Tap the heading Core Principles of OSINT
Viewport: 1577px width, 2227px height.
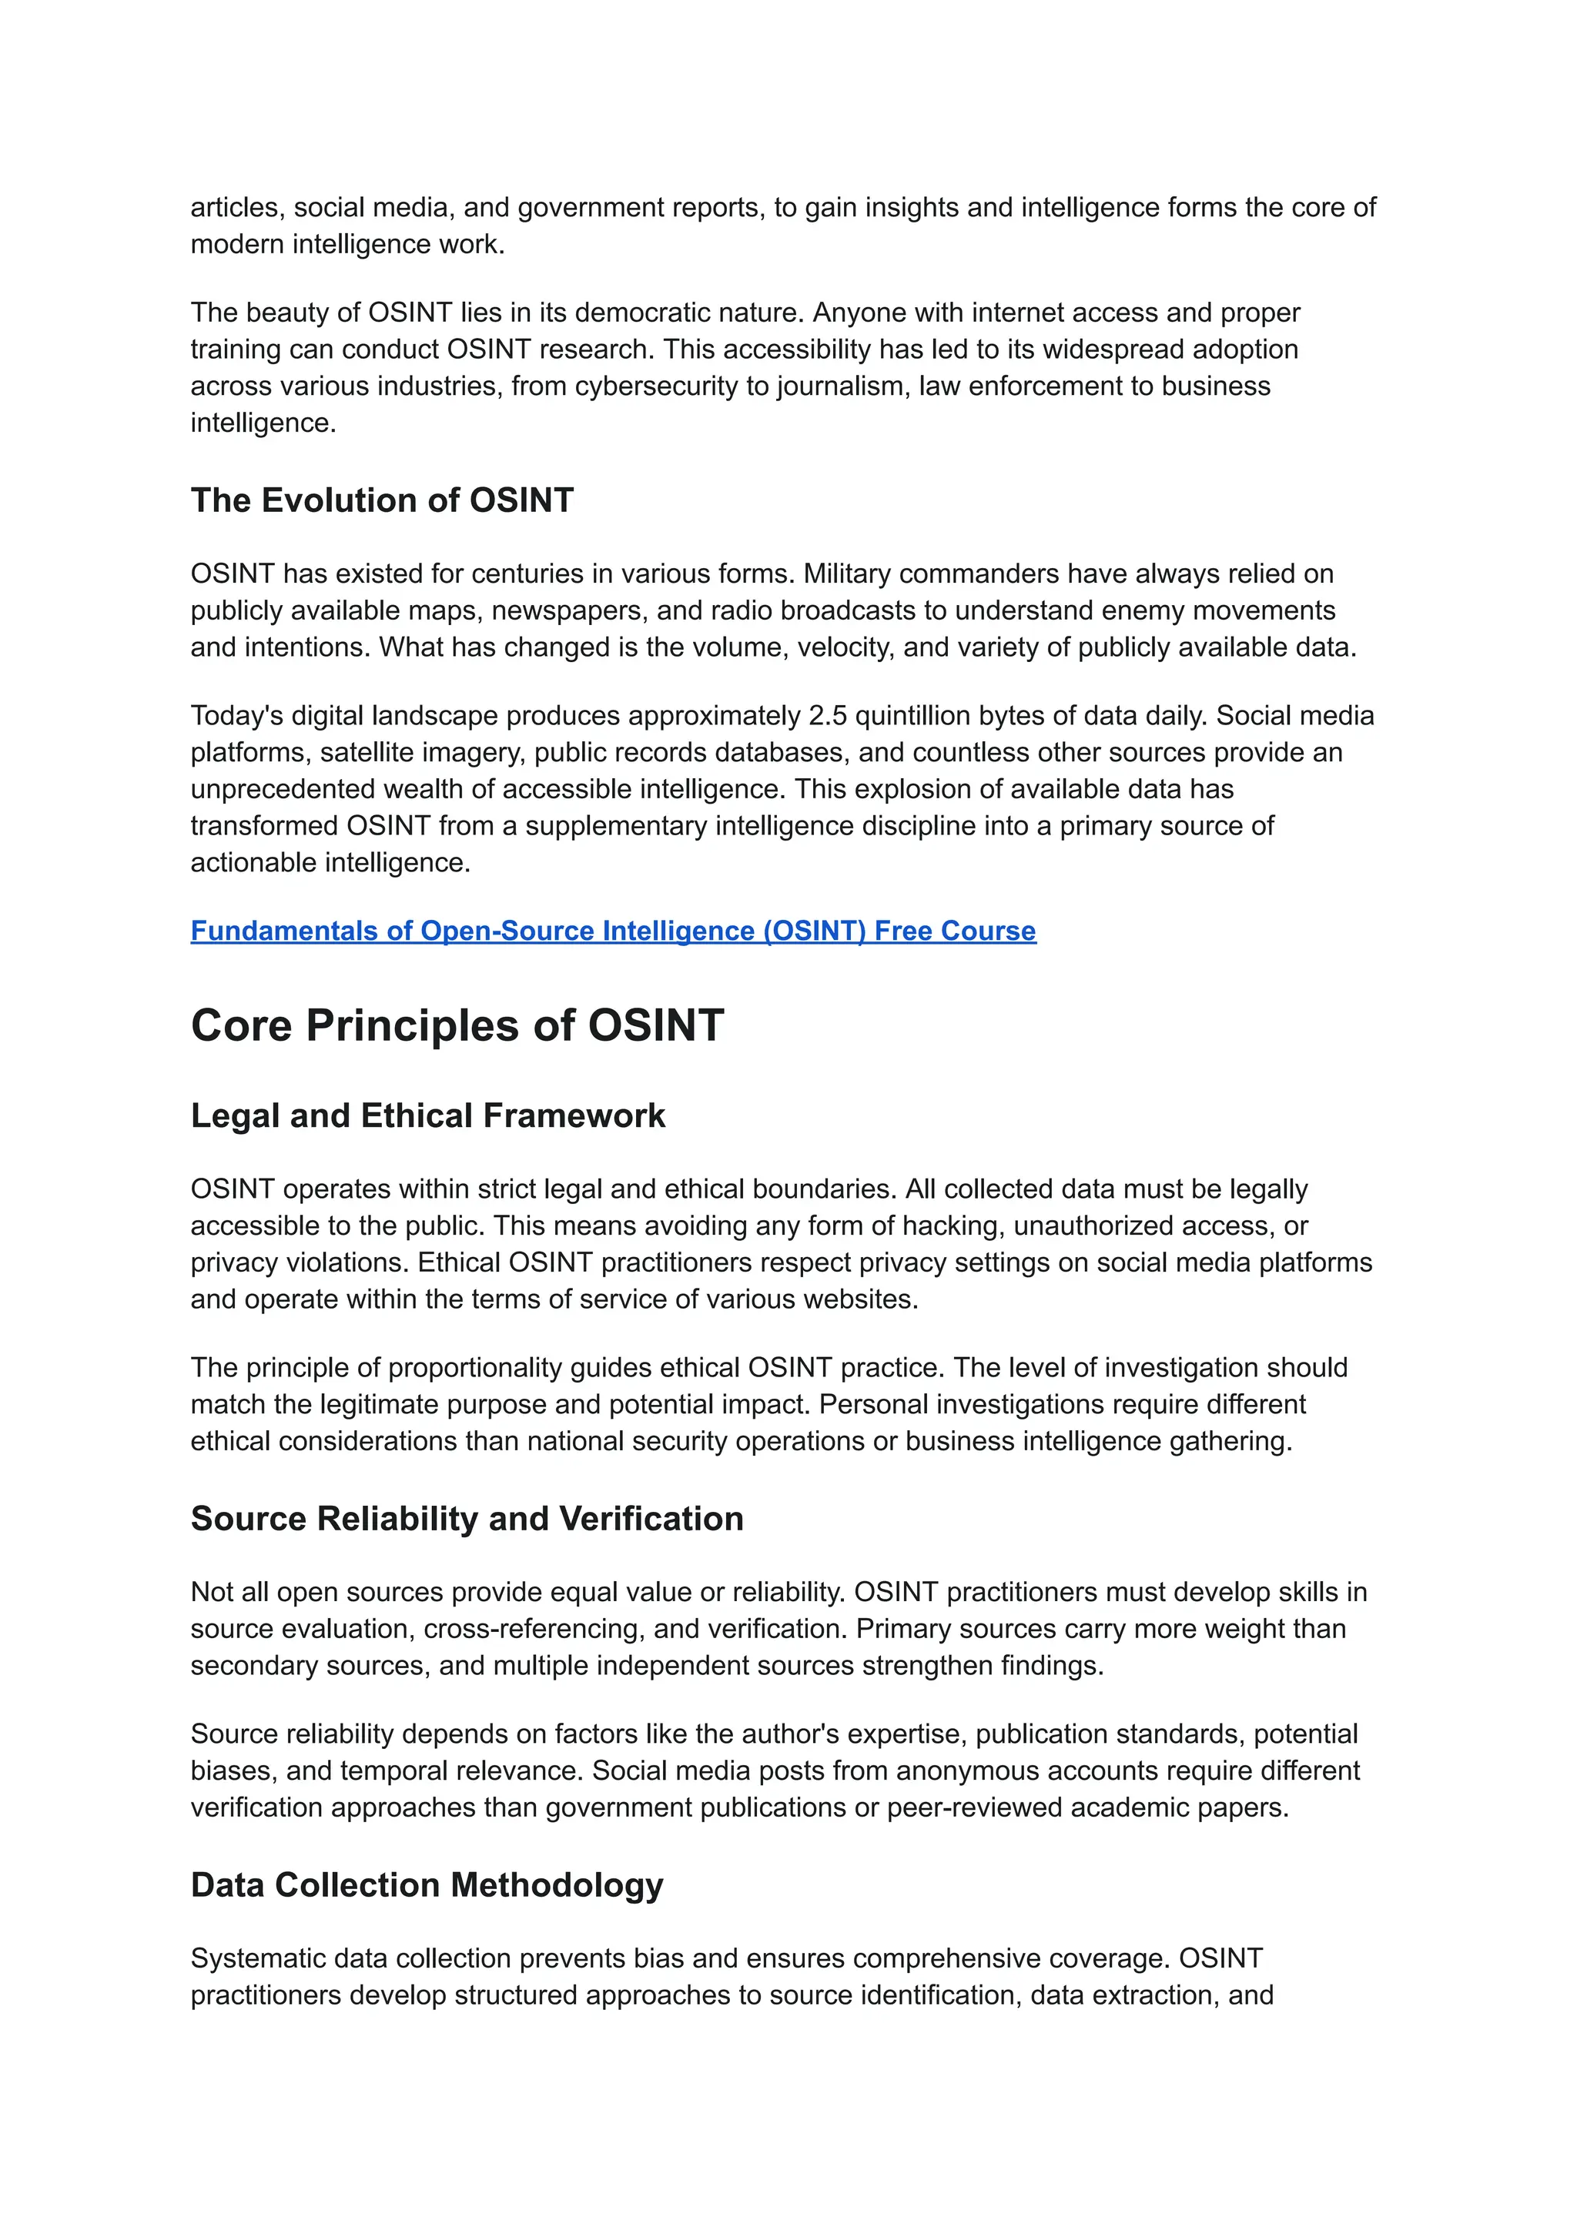pyautogui.click(x=457, y=1025)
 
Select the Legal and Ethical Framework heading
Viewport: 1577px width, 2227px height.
pyautogui.click(x=427, y=1115)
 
